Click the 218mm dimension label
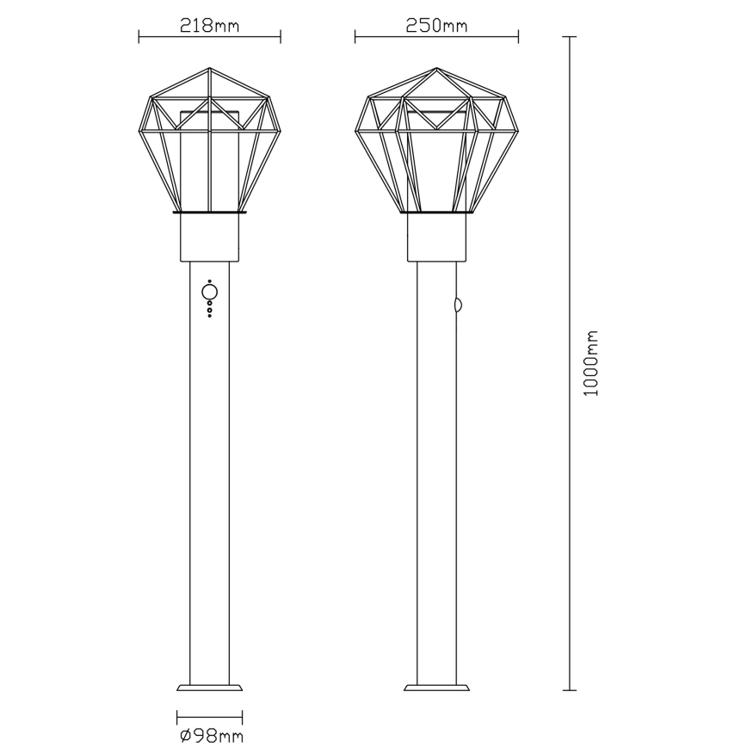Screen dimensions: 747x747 [x=209, y=25]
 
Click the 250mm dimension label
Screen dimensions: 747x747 [x=436, y=25]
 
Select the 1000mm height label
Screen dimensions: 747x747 [x=590, y=363]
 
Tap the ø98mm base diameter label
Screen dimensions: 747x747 [x=212, y=736]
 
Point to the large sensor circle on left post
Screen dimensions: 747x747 [x=210, y=292]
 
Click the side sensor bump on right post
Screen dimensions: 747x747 [x=460, y=305]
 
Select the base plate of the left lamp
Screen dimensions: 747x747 [x=210, y=688]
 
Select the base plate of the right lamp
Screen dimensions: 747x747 [x=436, y=688]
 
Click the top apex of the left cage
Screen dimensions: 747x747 [x=209, y=68]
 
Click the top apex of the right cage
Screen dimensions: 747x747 [x=436, y=68]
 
